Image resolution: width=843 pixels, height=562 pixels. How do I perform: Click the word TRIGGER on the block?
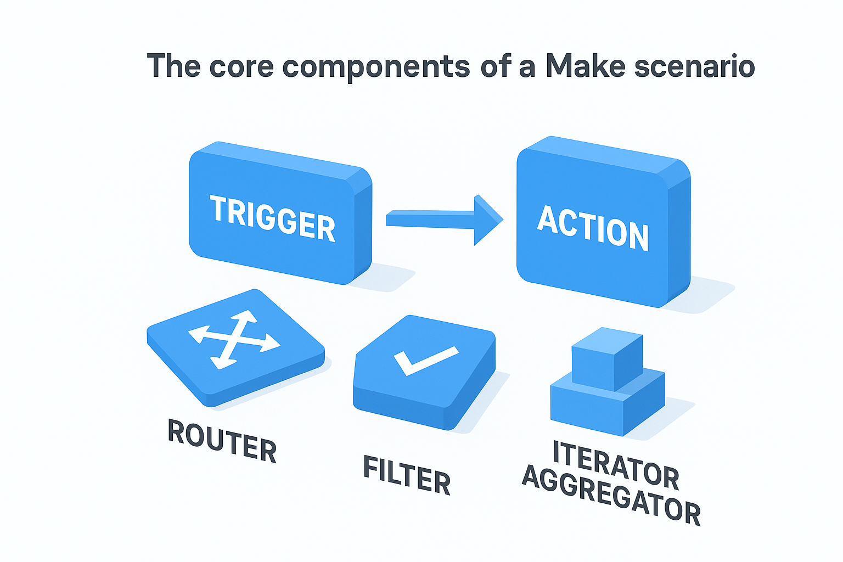272,218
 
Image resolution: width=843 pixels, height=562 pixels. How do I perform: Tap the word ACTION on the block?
593,228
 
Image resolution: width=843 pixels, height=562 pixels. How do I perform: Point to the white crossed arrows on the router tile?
234,339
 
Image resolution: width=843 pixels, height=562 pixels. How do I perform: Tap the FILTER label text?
407,475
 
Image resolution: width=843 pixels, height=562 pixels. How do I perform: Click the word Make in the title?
585,66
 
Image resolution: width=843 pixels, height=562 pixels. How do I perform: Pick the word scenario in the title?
694,66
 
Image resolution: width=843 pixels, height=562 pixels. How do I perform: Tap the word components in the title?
376,67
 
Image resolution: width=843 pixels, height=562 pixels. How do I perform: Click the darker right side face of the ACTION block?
679,241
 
